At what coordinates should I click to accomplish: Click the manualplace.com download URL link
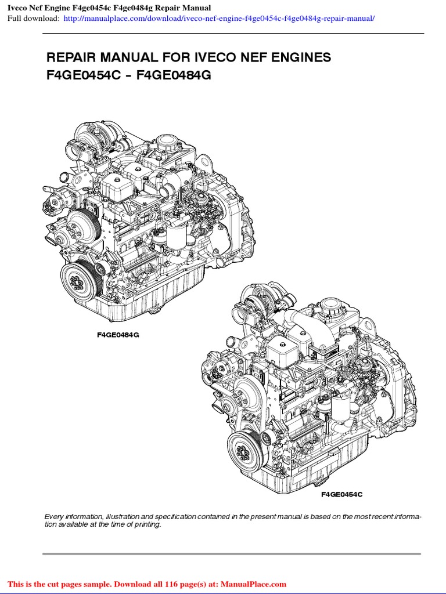click(219, 19)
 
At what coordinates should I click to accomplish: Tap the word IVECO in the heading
click(224, 57)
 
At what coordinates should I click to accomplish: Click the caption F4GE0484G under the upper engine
click(118, 335)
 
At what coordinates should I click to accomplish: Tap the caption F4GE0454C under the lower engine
click(341, 494)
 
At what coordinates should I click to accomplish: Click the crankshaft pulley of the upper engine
click(77, 280)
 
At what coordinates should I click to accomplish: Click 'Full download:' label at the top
click(33, 19)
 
